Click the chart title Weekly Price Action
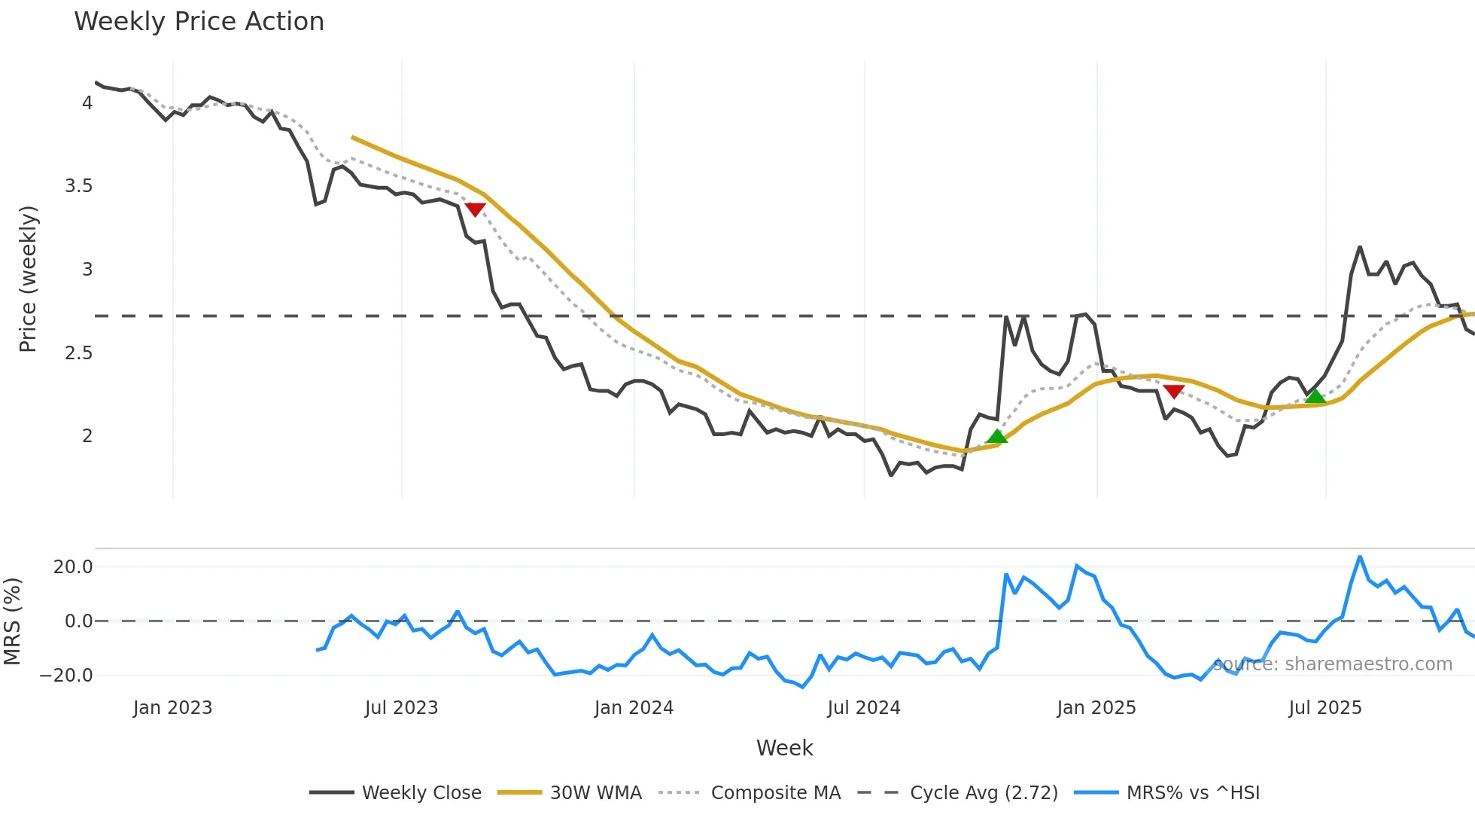pos(199,22)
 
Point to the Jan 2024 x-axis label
pos(634,708)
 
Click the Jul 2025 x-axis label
pos(1324,708)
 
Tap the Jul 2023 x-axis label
pos(401,708)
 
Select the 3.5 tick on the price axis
pos(79,186)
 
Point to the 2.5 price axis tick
pos(79,353)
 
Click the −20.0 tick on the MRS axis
pos(66,676)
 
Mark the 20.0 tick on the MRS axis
pos(73,567)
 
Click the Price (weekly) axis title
pos(28,279)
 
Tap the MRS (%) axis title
pos(12,621)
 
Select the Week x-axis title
pos(784,748)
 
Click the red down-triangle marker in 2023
pos(475,209)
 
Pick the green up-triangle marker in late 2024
pos(996,437)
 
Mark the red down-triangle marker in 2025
pos(1174,391)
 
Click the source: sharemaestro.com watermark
pos(1332,664)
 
